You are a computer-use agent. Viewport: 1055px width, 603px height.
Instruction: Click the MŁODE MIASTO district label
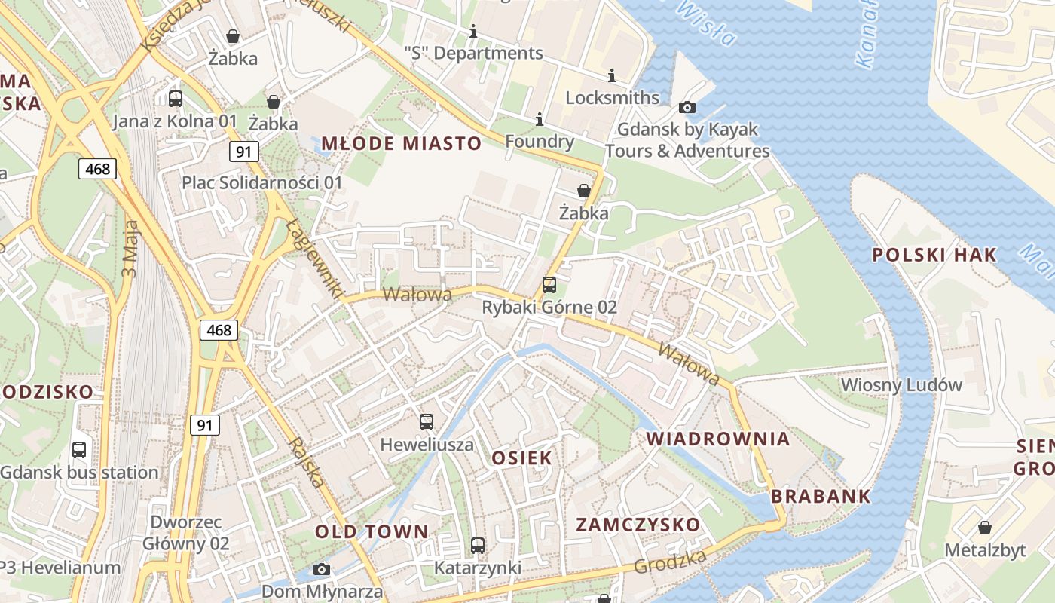pos(401,143)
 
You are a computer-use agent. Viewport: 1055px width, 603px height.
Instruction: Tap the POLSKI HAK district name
pos(934,255)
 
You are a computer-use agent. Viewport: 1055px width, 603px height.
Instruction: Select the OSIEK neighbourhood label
pos(521,458)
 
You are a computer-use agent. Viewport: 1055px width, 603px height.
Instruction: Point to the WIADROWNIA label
pos(718,439)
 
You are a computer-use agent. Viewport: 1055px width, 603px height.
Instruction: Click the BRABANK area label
pos(821,496)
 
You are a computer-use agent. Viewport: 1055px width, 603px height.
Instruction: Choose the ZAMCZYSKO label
pos(638,525)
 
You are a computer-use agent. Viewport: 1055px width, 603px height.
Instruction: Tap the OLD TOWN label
pos(372,531)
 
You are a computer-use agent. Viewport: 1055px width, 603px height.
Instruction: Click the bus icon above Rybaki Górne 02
pos(549,285)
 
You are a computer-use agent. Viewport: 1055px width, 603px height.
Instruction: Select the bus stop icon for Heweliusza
pos(427,422)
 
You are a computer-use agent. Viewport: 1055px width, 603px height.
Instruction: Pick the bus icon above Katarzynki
pos(478,546)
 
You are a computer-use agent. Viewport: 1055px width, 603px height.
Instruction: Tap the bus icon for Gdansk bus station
pos(79,450)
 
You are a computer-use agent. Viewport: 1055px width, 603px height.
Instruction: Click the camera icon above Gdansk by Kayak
pos(687,108)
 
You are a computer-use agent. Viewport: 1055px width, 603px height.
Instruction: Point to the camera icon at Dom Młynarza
pos(322,569)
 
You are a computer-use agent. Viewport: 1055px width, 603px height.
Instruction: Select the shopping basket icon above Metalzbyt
pos(984,528)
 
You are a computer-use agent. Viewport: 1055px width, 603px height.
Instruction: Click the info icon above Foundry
pos(539,119)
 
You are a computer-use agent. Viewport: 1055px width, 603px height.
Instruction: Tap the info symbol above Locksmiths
pos(612,75)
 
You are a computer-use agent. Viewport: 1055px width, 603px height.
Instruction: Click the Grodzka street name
pos(670,561)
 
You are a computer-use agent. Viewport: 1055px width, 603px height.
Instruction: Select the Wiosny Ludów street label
pos(901,385)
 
